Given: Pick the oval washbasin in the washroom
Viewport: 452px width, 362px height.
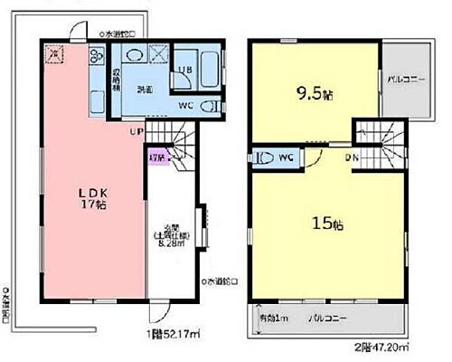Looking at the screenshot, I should pyautogui.click(x=135, y=55).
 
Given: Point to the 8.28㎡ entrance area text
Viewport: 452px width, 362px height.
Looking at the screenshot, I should pyautogui.click(x=174, y=242).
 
